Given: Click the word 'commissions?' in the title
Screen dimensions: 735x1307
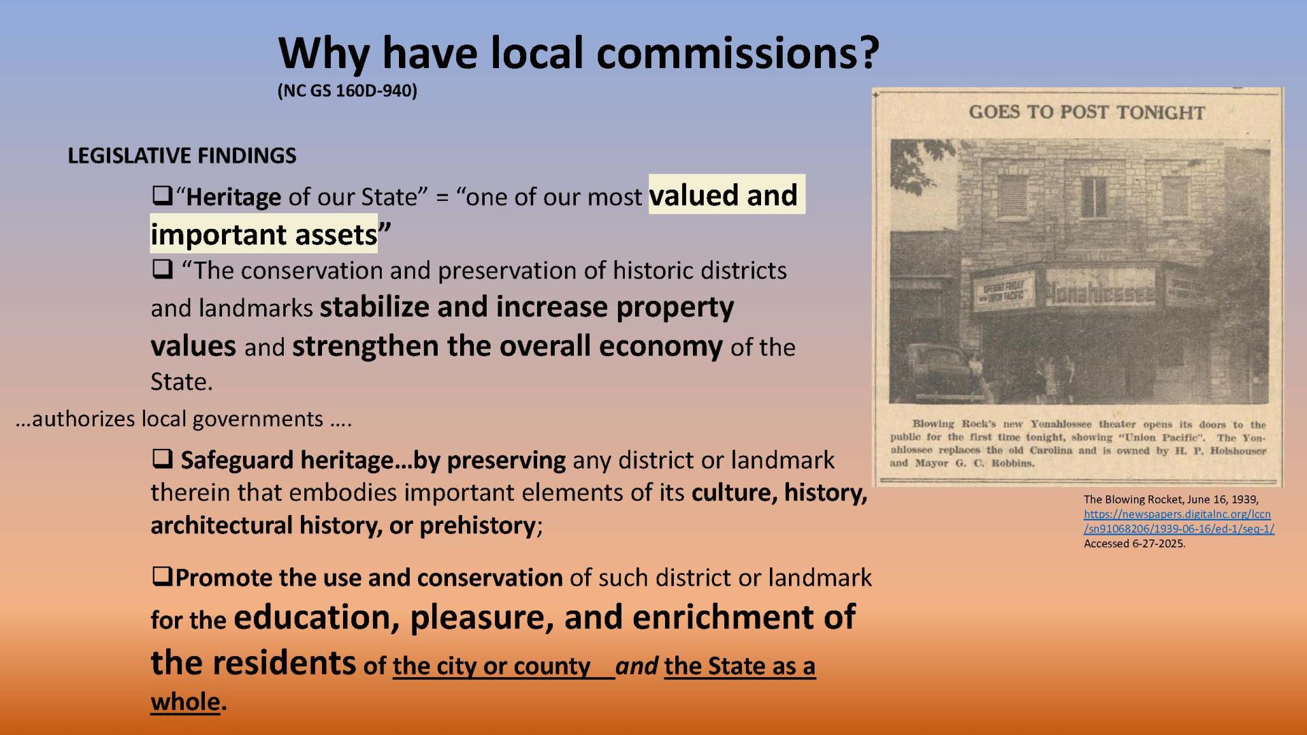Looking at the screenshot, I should click(x=738, y=53).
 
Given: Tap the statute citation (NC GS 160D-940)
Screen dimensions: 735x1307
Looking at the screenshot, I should click(x=347, y=91).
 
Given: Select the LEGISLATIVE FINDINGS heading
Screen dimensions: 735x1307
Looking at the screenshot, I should click(x=182, y=155).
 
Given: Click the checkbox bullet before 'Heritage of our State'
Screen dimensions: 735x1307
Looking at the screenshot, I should click(x=161, y=196).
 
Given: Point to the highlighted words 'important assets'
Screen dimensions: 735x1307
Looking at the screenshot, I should click(x=263, y=234).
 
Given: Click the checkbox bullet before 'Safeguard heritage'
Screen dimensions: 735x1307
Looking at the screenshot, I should click(x=162, y=460).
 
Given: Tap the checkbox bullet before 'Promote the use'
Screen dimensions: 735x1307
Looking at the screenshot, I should click(x=161, y=578).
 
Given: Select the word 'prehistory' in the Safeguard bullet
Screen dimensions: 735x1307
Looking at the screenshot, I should click(x=477, y=525).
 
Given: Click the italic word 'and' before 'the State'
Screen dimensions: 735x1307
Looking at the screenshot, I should click(x=637, y=666).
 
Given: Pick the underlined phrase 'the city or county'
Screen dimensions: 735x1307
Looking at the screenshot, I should click(x=491, y=666).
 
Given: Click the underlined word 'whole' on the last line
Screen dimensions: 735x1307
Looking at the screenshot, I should click(x=185, y=702).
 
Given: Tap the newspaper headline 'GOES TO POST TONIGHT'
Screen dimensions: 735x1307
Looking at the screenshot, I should click(x=1086, y=112).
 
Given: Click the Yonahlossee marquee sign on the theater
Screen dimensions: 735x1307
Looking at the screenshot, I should click(x=1099, y=292).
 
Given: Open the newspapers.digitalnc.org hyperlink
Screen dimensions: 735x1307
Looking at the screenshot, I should click(x=1178, y=521).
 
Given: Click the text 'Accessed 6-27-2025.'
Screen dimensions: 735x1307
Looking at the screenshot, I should click(x=1134, y=544).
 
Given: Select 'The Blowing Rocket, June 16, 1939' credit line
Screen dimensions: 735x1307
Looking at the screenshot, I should click(x=1171, y=499).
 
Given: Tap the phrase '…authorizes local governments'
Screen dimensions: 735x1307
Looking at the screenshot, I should click(x=182, y=418).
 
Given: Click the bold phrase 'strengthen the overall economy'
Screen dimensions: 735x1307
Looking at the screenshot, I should click(x=507, y=346).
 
